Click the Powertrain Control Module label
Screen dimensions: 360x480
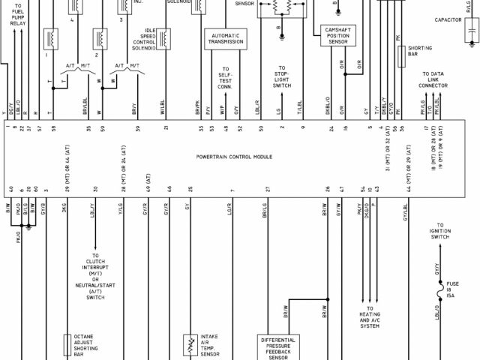234,157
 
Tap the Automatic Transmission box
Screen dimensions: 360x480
226,39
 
